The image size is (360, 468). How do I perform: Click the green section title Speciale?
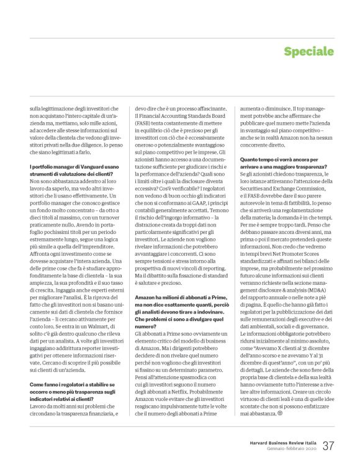[308, 51]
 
